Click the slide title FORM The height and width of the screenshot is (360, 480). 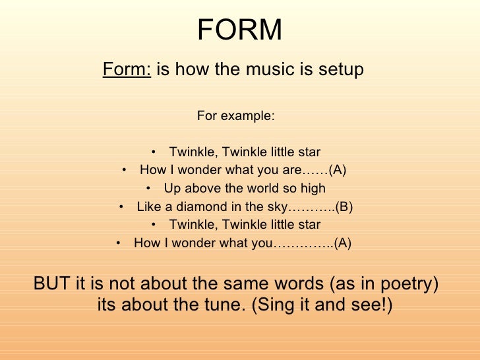tap(240, 29)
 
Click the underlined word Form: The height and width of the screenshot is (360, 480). tap(127, 69)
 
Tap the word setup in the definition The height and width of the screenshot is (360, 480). tap(340, 69)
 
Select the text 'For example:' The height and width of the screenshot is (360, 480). tap(235, 116)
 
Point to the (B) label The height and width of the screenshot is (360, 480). tap(344, 207)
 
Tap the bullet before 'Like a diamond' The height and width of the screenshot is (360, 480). tap(122, 207)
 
